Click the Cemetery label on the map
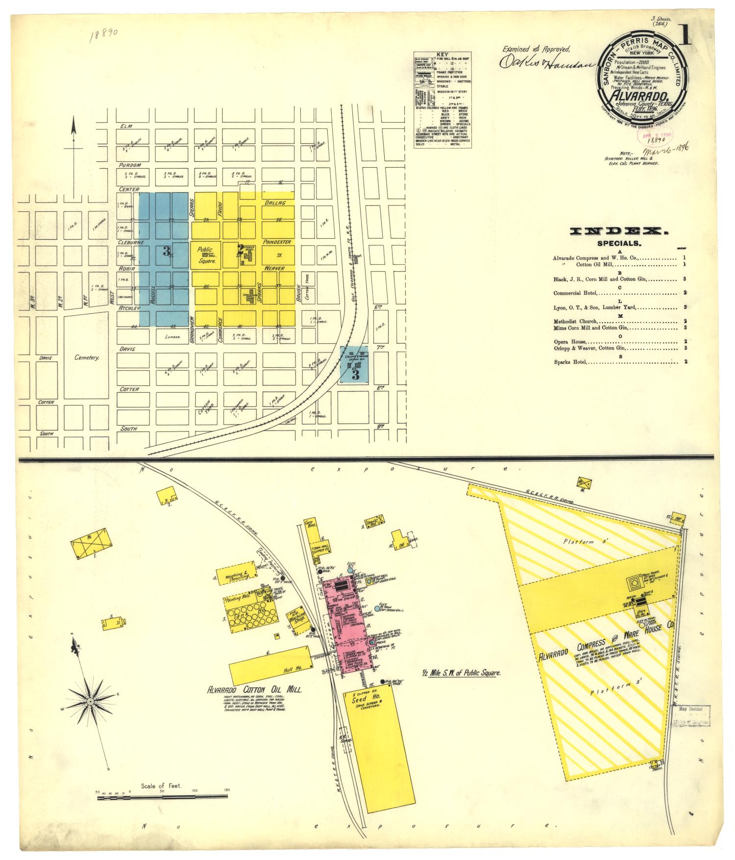tap(87, 357)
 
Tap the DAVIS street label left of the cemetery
tap(47, 357)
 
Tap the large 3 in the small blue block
tap(355, 375)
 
